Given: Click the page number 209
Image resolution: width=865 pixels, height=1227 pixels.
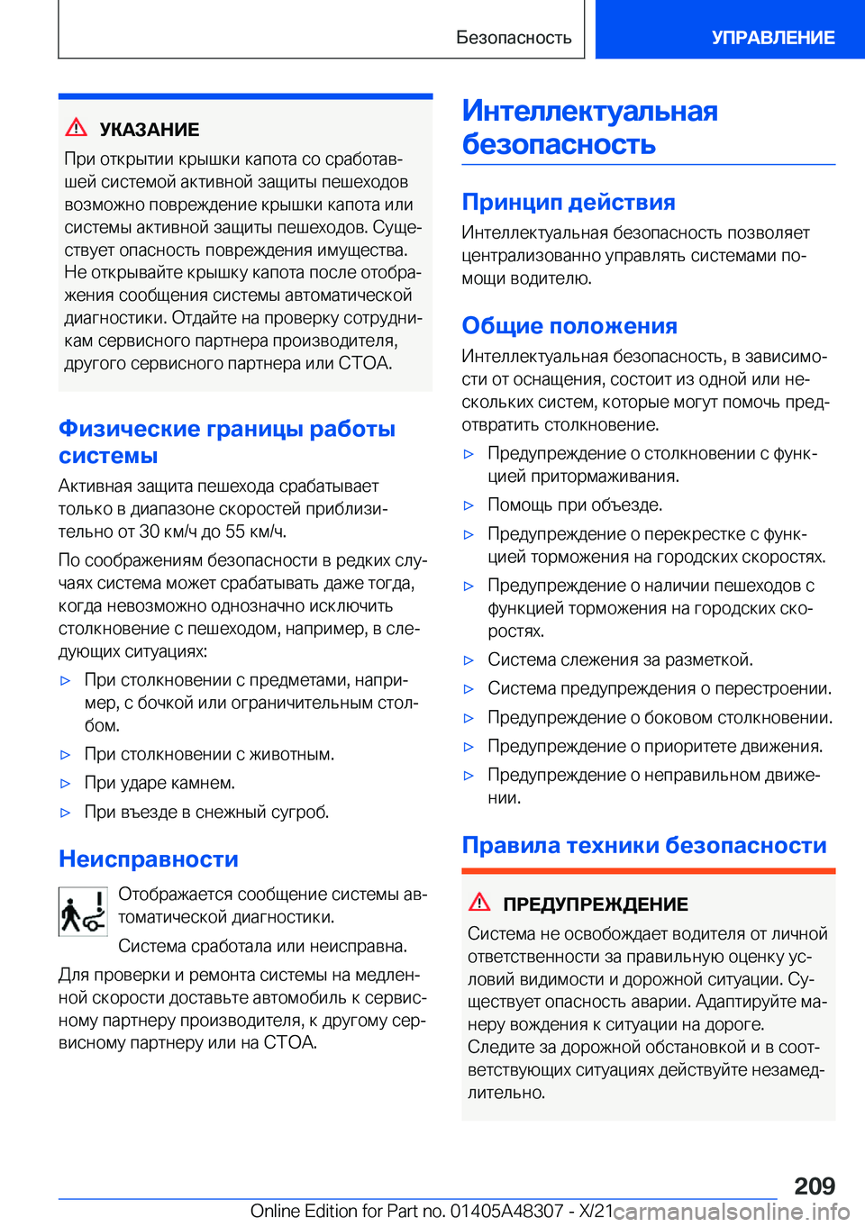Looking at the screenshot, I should pos(815,1186).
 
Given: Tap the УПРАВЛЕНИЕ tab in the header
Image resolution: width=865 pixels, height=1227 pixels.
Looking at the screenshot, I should pos(772,38).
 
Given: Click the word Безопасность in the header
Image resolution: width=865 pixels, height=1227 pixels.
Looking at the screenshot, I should pos(514,38).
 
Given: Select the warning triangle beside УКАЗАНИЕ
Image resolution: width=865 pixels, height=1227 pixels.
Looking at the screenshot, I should pos(77,128).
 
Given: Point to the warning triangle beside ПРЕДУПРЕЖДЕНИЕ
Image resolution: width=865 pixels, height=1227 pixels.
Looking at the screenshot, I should pos(479,903).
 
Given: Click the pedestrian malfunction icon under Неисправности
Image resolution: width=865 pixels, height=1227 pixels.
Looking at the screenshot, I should pos(83,912).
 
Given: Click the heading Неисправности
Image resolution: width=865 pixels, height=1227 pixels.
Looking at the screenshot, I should pos(149,859).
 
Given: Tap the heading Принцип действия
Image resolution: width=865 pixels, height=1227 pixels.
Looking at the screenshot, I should pos(569,202).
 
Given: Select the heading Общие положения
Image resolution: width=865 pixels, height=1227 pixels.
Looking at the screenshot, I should pos(569,326).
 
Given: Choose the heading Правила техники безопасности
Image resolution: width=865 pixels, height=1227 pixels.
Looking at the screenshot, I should pos(644,845).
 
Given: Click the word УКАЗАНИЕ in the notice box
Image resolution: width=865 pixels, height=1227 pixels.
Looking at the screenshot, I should pos(150,130).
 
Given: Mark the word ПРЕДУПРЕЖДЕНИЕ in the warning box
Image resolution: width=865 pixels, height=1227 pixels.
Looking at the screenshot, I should pos(596,904).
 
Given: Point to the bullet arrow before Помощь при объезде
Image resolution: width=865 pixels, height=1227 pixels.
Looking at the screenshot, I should pos(469,505).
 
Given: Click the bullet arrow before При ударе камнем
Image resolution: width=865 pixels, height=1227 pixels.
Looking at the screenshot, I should pos(65,784).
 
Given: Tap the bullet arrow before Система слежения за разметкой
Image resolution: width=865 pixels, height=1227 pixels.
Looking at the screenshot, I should pos(469,660).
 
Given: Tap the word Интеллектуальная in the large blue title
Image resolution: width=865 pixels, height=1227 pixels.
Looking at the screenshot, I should pos(590,111).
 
